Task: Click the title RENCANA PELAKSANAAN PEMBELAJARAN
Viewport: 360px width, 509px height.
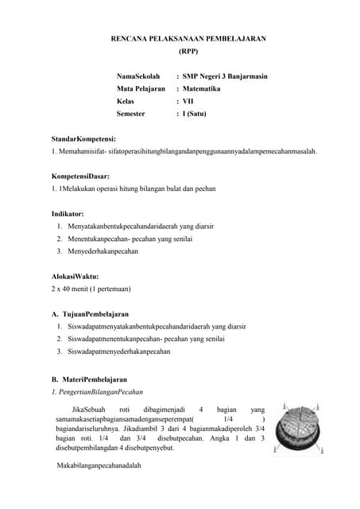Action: pos(188,37)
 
